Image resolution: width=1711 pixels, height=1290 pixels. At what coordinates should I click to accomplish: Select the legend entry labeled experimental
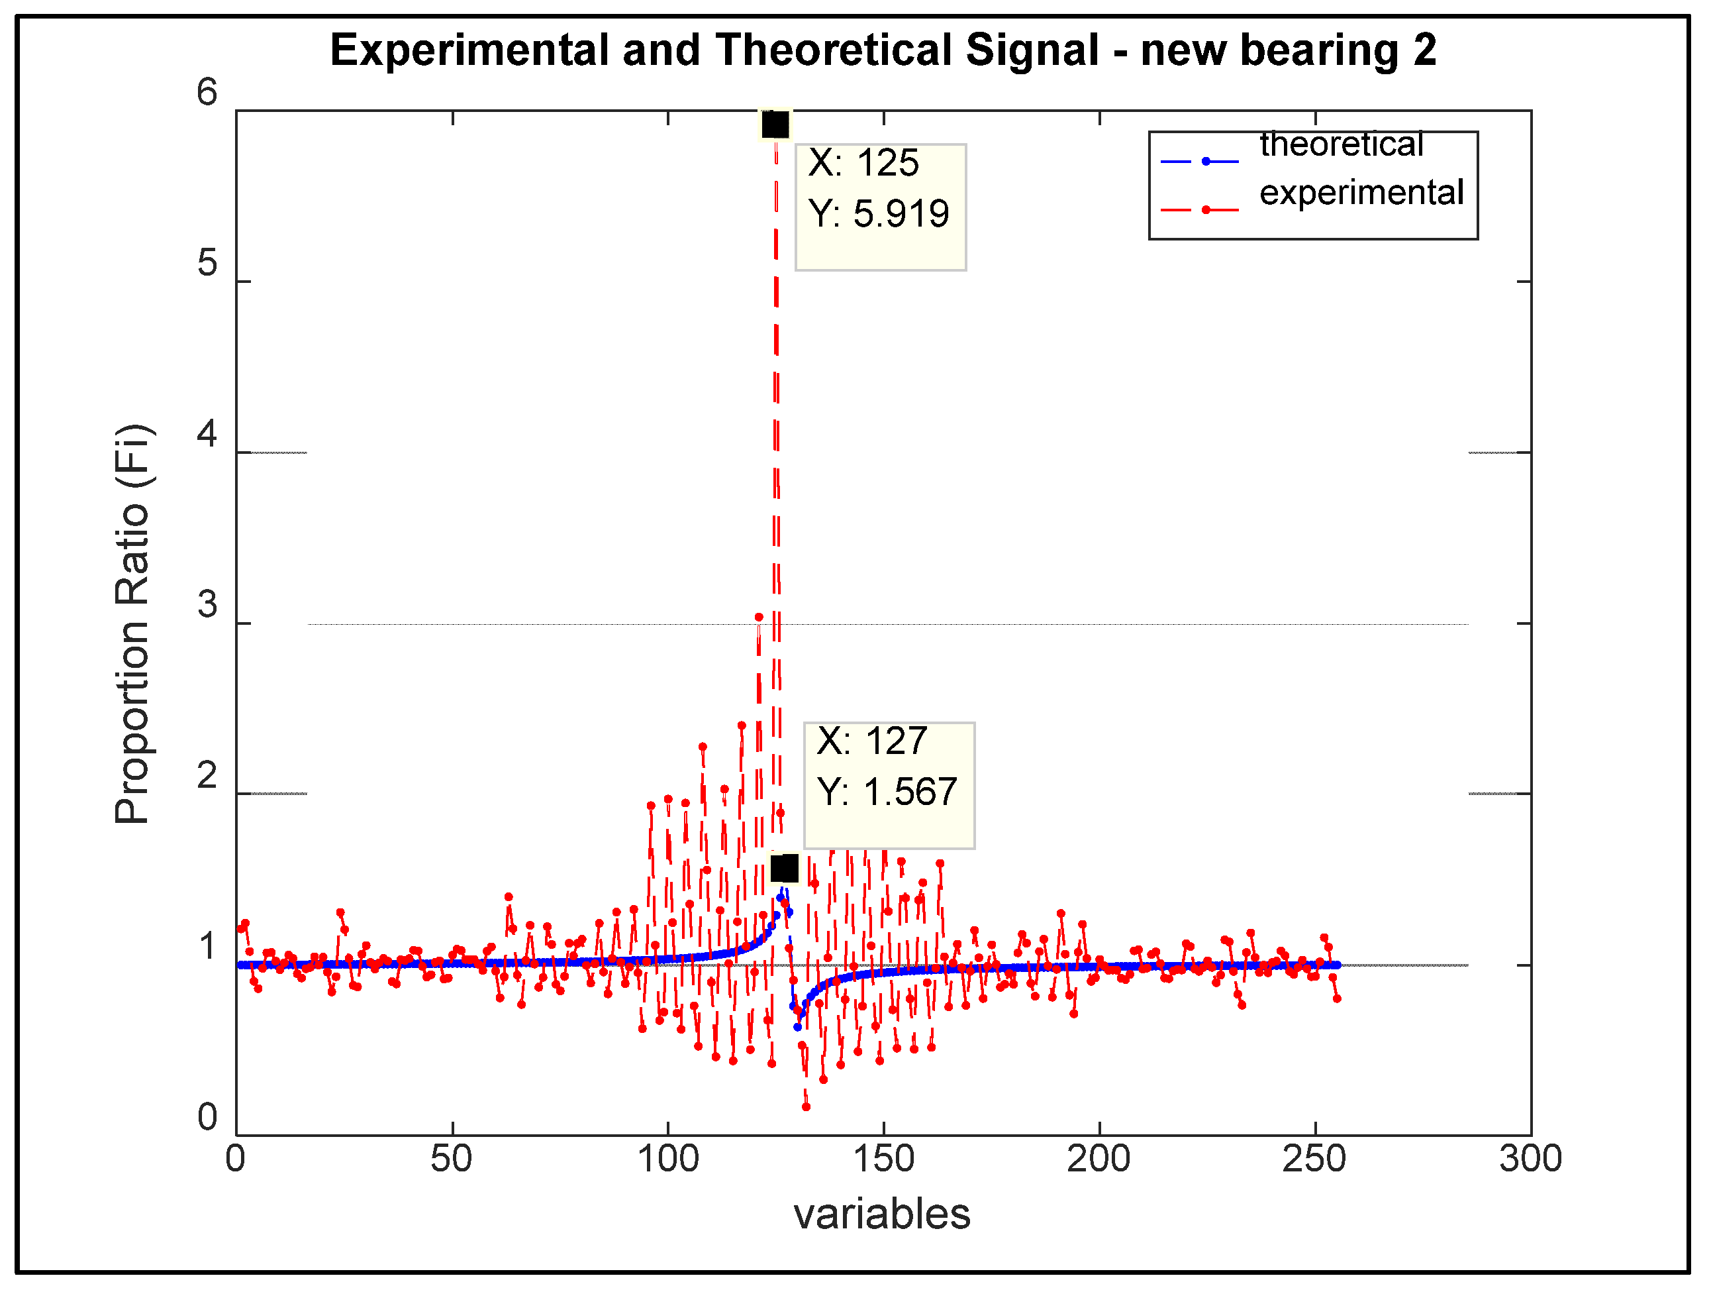[x=1361, y=193]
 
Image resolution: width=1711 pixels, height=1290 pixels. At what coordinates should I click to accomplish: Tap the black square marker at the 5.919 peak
[x=775, y=125]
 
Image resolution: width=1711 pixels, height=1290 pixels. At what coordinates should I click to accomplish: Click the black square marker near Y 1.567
[x=785, y=869]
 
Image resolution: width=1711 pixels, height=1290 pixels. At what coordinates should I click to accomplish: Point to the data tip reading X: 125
[x=880, y=207]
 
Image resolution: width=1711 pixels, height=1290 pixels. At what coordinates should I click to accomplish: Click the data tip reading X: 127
[x=889, y=785]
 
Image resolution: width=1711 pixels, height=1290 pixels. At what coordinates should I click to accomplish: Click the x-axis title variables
[x=882, y=1213]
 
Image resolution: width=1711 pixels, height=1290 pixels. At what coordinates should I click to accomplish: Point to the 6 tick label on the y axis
[x=207, y=93]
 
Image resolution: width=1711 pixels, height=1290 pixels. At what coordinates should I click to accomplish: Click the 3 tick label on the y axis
[x=207, y=604]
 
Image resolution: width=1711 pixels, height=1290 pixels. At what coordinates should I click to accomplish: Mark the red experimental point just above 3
[x=759, y=617]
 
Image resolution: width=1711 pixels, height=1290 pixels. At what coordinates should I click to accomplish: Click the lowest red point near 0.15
[x=806, y=1106]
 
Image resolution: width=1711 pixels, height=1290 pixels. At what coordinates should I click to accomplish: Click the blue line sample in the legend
[x=1199, y=162]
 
